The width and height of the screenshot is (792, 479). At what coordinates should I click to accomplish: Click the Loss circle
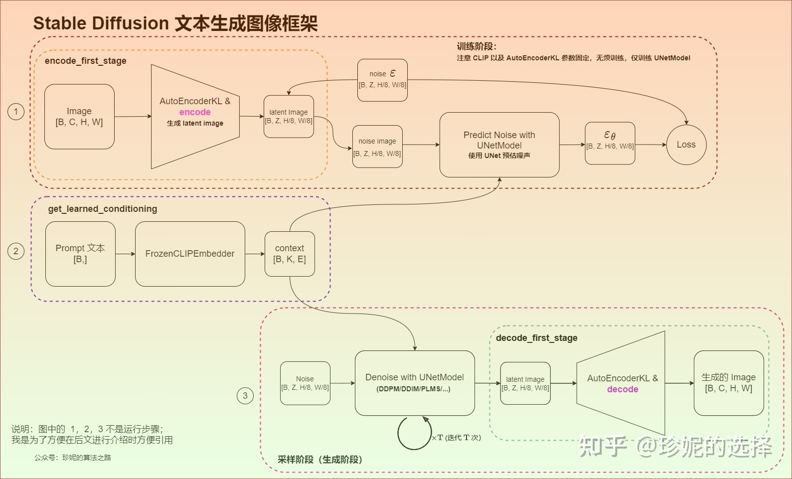(x=686, y=145)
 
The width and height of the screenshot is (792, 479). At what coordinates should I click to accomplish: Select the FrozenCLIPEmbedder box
(x=190, y=254)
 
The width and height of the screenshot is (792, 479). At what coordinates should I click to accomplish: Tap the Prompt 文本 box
(x=80, y=254)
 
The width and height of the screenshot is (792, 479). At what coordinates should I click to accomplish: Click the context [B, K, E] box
(x=290, y=254)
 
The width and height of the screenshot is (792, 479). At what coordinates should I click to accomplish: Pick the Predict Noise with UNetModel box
(x=499, y=145)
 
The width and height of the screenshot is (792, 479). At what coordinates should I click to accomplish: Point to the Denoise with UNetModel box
(x=414, y=383)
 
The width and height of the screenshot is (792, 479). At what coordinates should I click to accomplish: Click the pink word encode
(x=195, y=113)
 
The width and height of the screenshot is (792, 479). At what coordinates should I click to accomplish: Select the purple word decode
(x=623, y=389)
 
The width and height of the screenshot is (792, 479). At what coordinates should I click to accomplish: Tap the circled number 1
(x=16, y=111)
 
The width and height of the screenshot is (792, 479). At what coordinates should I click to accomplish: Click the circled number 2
(x=16, y=251)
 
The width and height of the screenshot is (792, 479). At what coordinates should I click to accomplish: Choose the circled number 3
(x=245, y=396)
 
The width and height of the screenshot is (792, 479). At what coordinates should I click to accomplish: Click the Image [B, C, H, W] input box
(x=79, y=117)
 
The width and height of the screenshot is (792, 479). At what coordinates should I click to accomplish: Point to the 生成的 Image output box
(x=728, y=383)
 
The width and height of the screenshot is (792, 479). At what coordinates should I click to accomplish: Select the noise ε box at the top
(x=382, y=80)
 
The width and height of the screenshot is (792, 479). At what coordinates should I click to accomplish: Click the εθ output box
(x=610, y=143)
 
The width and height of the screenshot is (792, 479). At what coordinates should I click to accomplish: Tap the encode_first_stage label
(x=85, y=61)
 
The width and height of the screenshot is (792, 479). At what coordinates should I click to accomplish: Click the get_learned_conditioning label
(x=102, y=209)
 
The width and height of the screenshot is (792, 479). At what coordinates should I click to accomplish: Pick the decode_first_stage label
(x=536, y=338)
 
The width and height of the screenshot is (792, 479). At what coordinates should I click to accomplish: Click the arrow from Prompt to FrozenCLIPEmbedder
(x=125, y=254)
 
